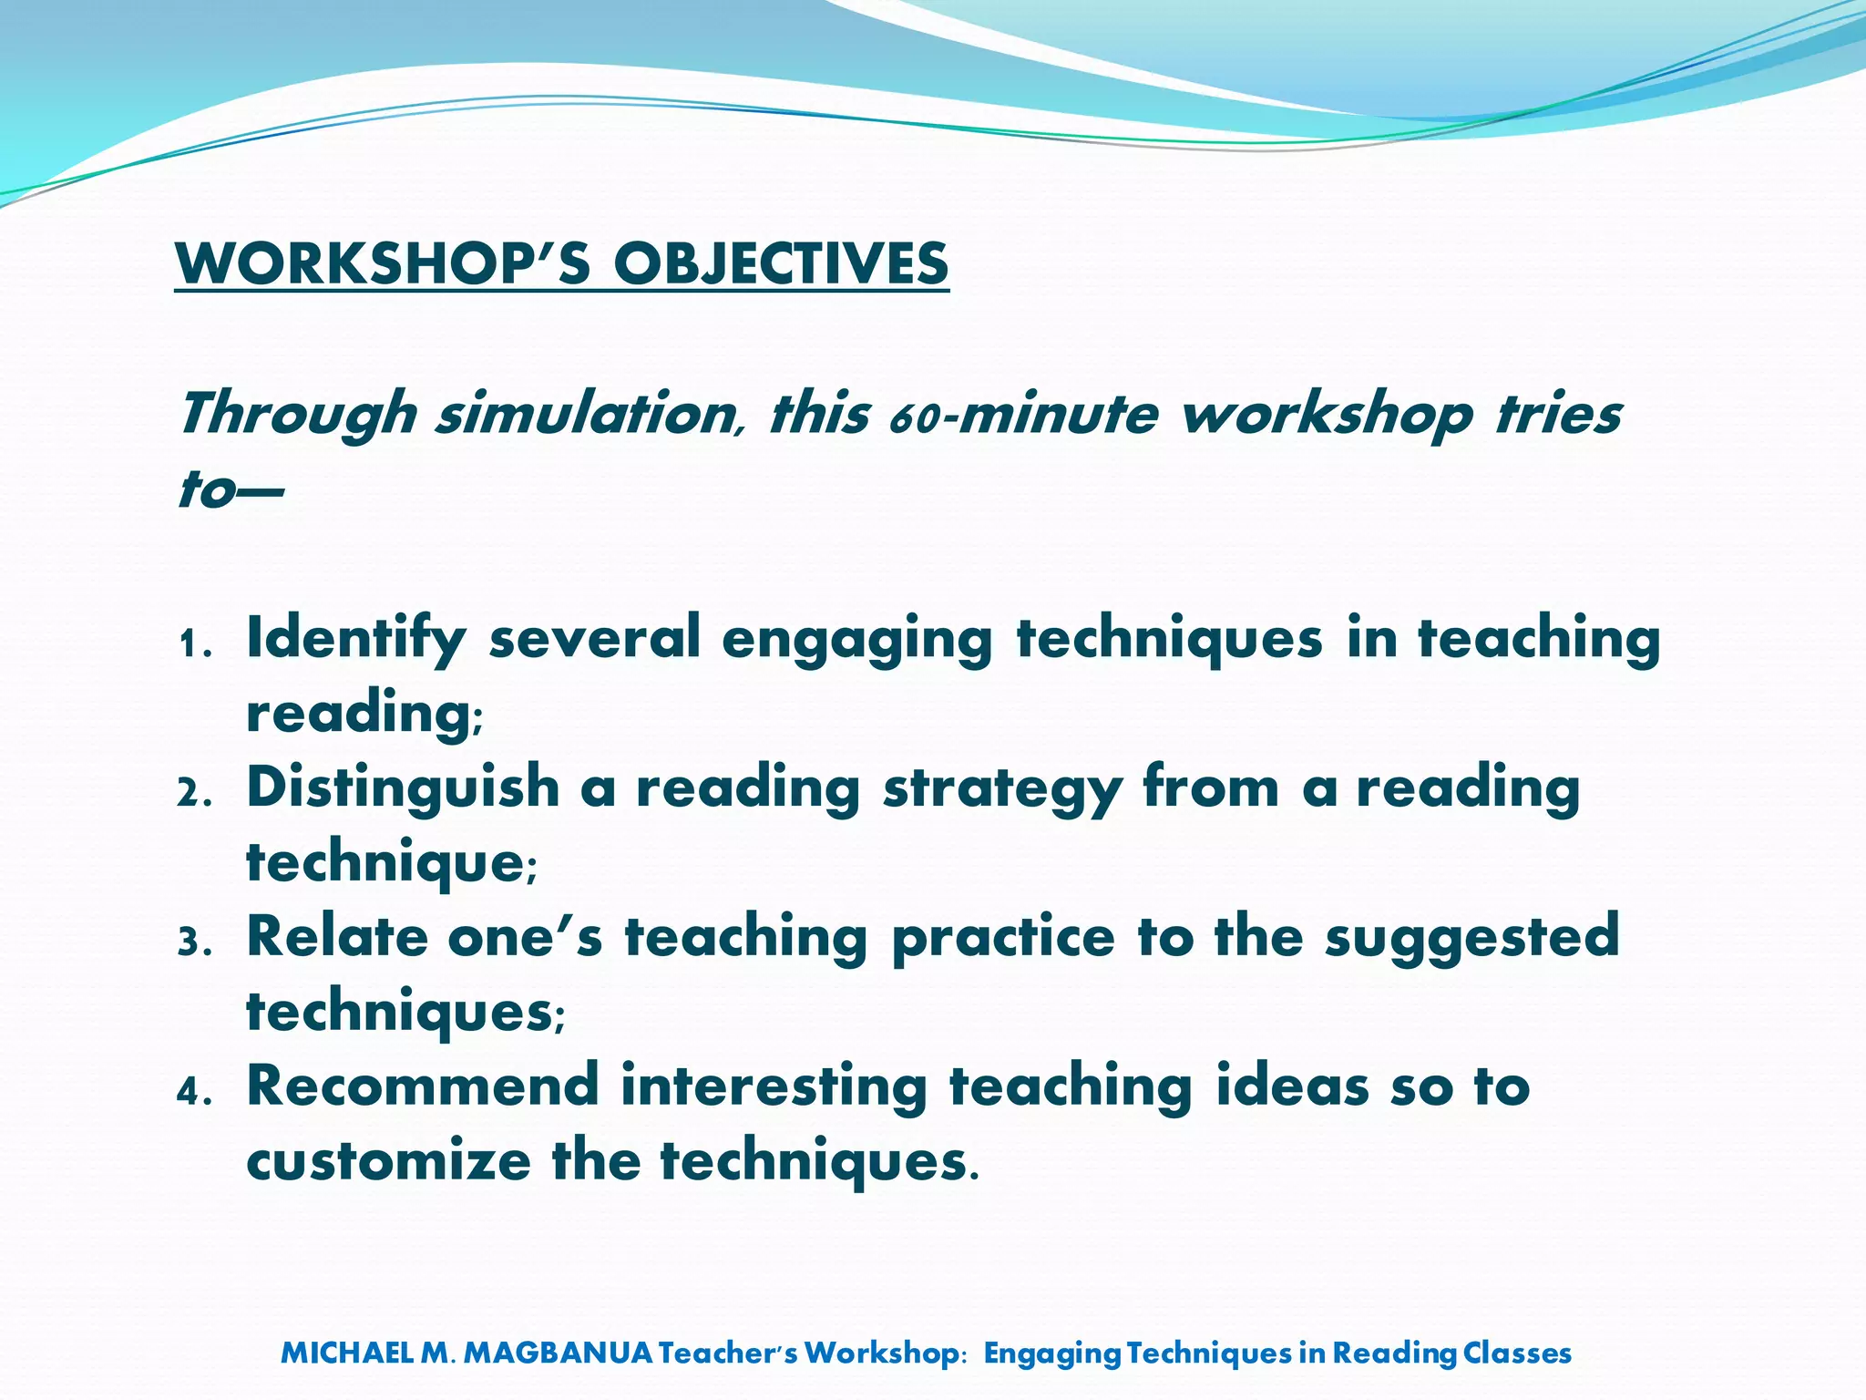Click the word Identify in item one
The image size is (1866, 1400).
click(355, 639)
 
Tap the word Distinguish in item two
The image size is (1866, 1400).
click(403, 787)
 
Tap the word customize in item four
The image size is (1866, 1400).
click(387, 1161)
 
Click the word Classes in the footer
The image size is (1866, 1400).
click(1517, 1353)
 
